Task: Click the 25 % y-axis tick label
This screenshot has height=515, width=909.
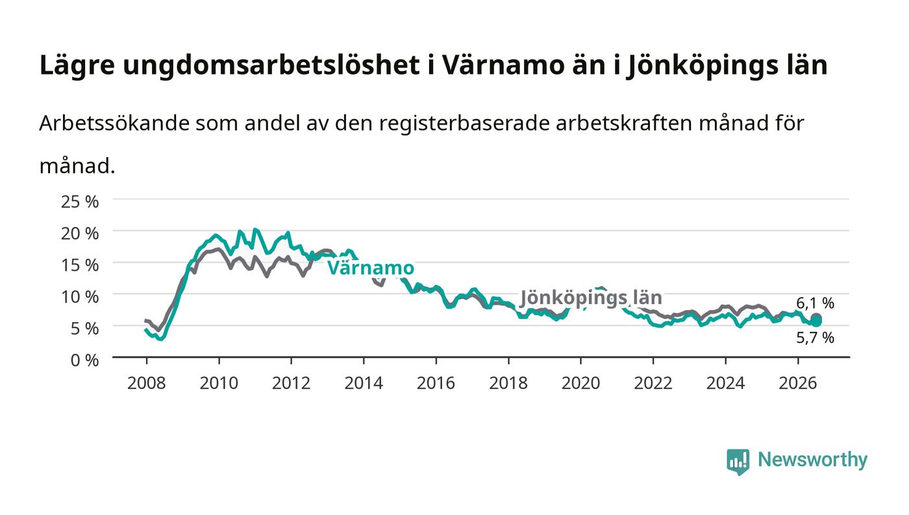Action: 80,202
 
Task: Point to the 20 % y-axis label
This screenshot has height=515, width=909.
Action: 80,233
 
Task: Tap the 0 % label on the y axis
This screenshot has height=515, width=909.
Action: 85,360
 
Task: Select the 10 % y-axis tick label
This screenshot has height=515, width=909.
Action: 80,297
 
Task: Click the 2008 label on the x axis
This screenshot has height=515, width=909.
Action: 147,383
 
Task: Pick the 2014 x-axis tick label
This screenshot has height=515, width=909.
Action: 364,383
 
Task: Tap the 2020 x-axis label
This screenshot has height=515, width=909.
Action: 580,383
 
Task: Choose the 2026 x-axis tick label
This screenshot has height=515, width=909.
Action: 798,383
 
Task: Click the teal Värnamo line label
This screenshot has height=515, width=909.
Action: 371,268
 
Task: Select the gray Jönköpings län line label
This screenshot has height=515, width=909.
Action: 591,298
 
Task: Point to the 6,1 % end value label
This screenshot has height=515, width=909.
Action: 816,303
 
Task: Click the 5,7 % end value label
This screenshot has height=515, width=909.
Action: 816,337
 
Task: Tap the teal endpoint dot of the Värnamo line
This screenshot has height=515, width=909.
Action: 816,322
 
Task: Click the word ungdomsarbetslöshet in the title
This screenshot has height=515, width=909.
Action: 271,66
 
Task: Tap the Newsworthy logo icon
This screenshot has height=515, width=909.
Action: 738,461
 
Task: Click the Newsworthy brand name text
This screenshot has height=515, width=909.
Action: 813,461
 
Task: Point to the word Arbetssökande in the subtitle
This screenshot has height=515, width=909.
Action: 114,123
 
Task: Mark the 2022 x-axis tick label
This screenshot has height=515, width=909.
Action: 653,383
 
